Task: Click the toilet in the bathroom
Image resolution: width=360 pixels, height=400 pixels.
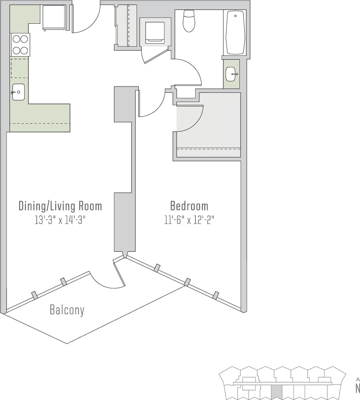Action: click(189, 22)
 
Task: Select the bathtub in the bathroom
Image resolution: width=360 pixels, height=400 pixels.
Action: click(235, 32)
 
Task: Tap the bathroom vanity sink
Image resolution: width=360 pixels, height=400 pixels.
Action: click(232, 74)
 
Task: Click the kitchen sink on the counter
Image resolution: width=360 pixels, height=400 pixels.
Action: click(18, 92)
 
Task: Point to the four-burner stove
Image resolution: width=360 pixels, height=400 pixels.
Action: click(20, 45)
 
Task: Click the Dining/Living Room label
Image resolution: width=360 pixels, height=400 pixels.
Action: click(60, 206)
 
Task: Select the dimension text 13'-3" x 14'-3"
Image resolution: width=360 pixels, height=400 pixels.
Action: click(60, 220)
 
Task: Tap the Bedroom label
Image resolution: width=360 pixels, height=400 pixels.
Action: click(189, 206)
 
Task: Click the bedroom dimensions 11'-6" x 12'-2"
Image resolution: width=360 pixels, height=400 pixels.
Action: click(189, 220)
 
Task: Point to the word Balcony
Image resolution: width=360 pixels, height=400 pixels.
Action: click(67, 310)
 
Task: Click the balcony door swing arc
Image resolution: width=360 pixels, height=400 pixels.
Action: click(110, 281)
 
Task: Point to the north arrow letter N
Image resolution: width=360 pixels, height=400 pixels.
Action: click(357, 388)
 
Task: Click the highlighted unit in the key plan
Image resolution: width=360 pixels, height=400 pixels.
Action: click(276, 392)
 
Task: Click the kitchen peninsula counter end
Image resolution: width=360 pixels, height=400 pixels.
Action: click(61, 118)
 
